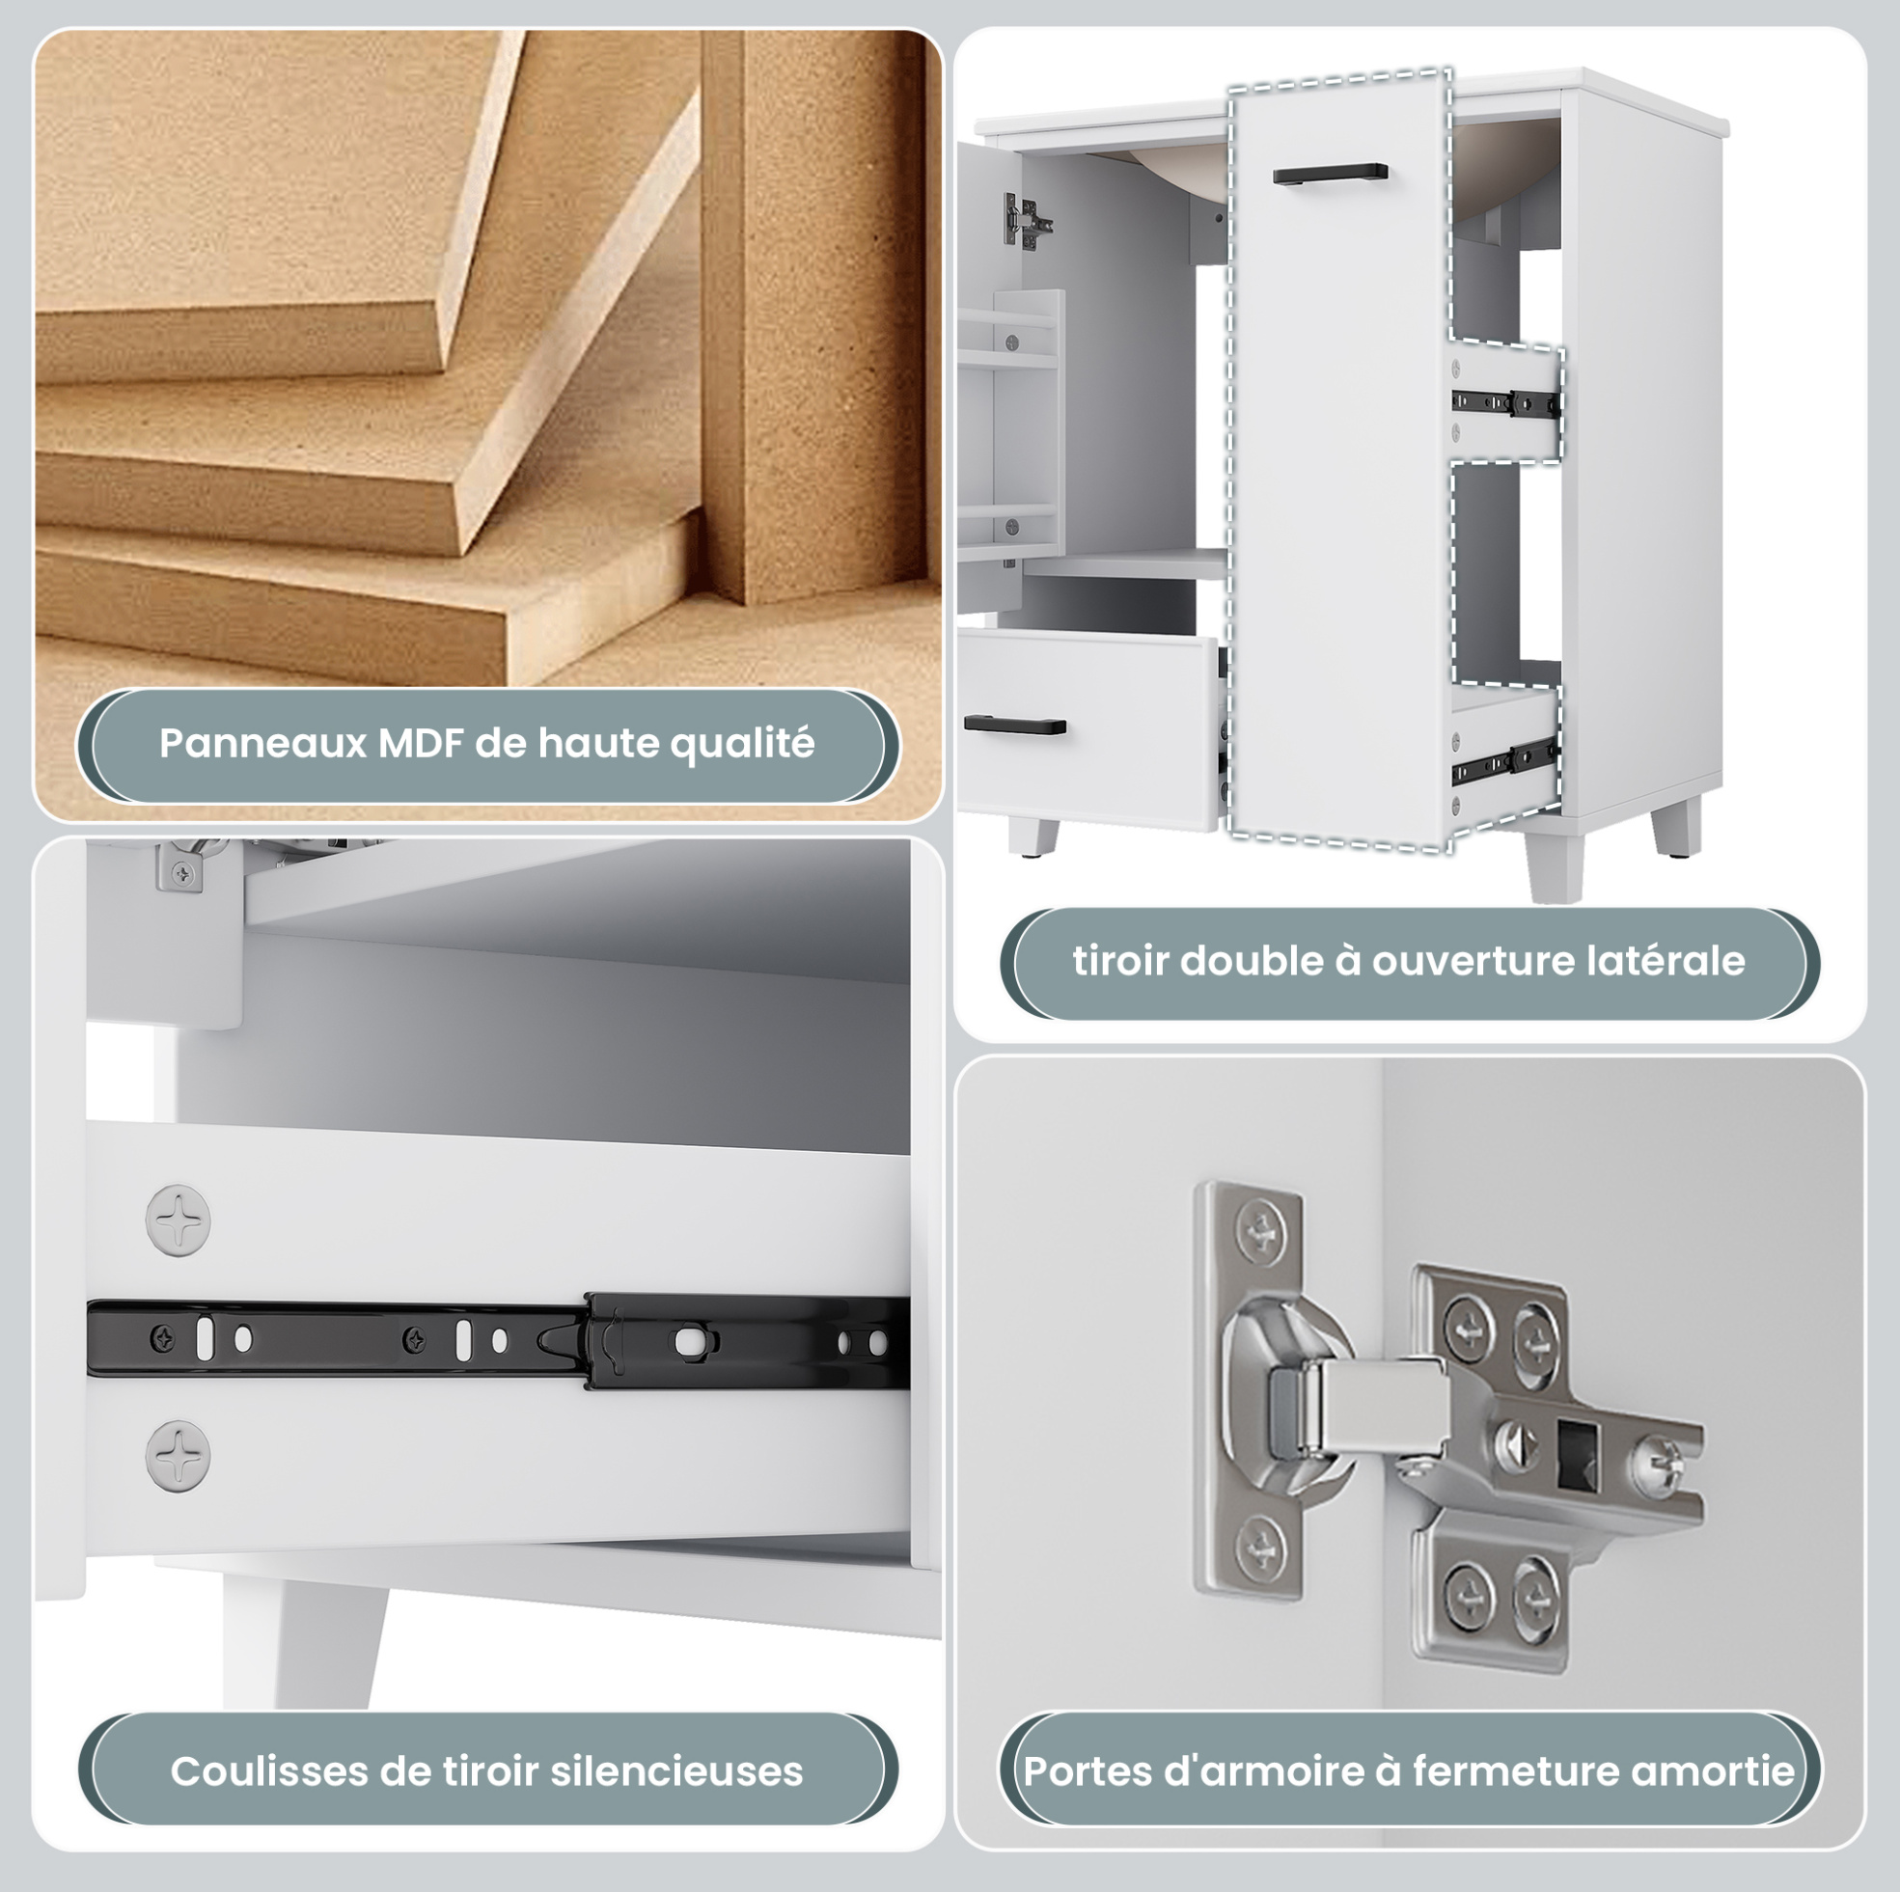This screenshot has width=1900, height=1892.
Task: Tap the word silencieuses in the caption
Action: [676, 1771]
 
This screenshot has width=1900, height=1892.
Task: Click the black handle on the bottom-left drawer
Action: [1015, 726]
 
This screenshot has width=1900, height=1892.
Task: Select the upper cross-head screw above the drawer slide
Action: [178, 1220]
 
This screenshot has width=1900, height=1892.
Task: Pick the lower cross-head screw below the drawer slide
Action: [178, 1455]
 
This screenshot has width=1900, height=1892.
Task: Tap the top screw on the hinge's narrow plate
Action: [1261, 1229]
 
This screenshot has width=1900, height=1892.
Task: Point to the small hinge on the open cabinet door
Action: [1026, 219]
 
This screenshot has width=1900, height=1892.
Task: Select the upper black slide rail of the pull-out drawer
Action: [1505, 403]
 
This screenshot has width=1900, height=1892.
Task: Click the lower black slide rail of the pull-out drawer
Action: [1505, 759]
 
